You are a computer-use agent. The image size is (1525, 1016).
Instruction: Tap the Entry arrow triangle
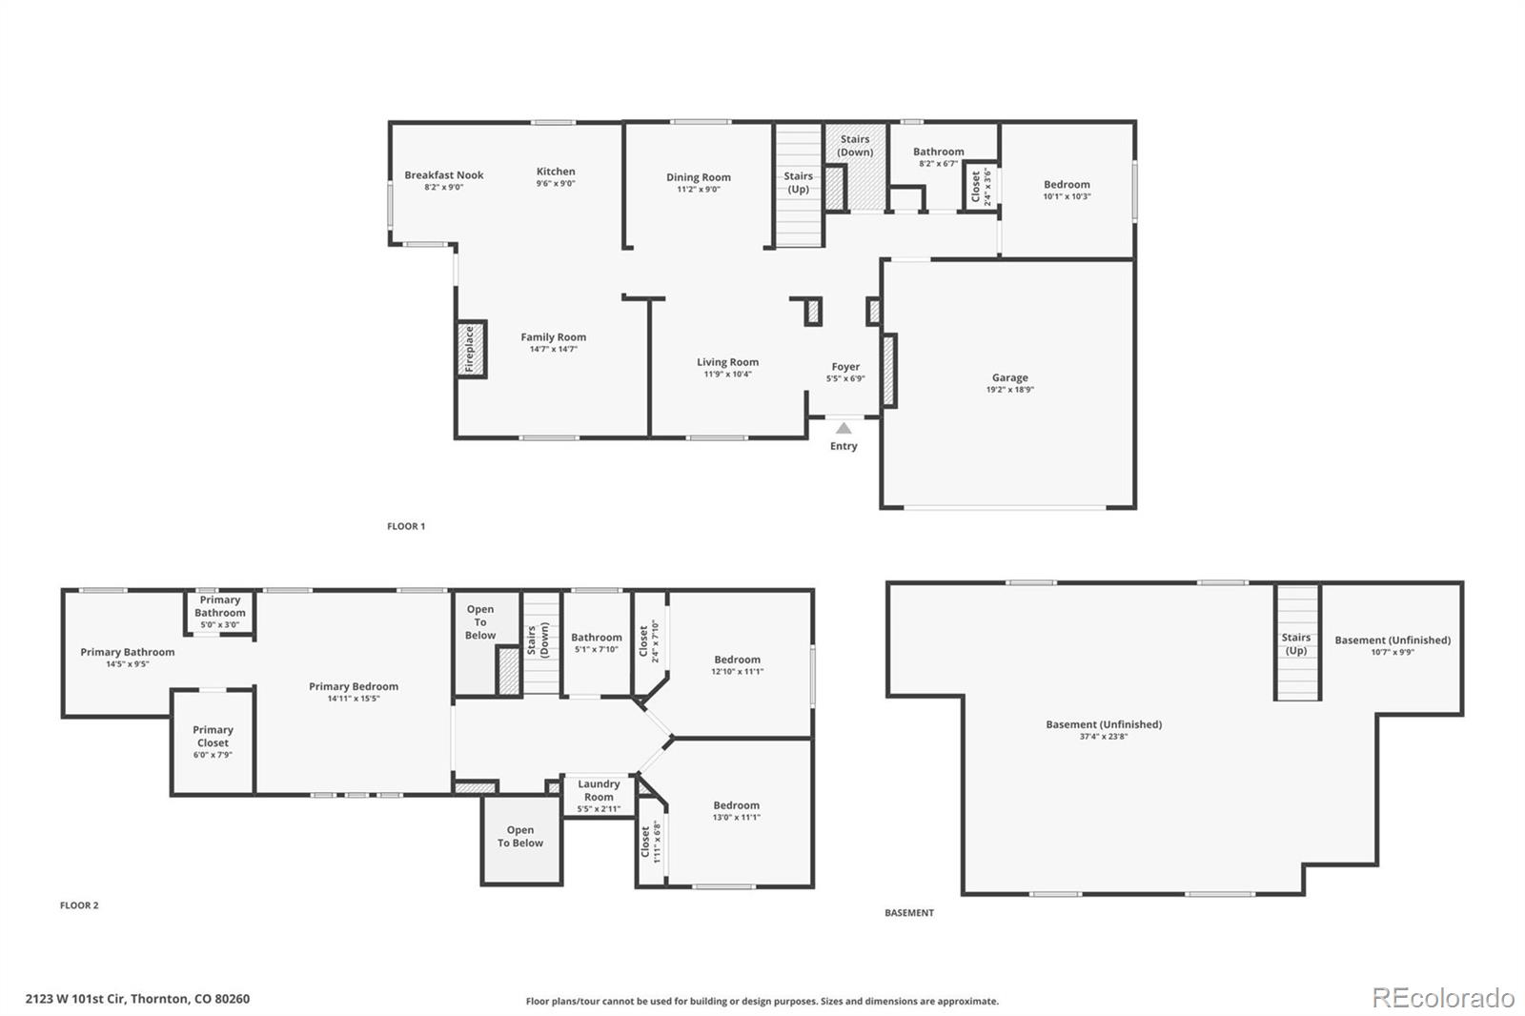(x=844, y=429)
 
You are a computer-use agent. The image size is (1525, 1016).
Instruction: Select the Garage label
(x=1009, y=377)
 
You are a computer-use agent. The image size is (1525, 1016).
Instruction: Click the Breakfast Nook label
(x=443, y=175)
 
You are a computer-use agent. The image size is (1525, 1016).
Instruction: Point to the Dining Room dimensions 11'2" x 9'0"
(x=699, y=190)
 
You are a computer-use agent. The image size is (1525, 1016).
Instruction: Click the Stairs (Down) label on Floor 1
(x=855, y=146)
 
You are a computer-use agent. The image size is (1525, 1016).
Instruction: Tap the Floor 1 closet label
(x=976, y=188)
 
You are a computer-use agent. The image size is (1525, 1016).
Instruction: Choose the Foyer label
(x=845, y=367)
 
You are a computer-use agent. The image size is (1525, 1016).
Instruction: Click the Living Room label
(x=727, y=362)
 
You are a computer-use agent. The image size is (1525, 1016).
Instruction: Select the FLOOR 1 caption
(x=406, y=526)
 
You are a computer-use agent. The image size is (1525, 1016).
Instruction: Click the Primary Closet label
(x=213, y=736)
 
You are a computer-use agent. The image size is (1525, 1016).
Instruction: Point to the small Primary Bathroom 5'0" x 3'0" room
(x=220, y=611)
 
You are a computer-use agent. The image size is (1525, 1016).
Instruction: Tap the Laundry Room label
(x=599, y=790)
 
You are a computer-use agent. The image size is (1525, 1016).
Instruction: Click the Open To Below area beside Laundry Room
(x=520, y=837)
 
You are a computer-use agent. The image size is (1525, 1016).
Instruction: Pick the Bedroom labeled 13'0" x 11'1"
(x=737, y=810)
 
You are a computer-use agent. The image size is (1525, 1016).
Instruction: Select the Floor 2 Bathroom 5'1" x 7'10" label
(x=597, y=638)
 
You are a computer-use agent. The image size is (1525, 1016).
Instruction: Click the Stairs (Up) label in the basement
(x=1296, y=644)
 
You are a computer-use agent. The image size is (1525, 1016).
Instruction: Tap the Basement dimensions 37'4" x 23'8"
(x=1104, y=737)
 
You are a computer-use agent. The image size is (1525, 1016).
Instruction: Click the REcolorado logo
(x=1442, y=998)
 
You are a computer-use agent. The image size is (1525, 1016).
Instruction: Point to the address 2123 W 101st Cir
(x=137, y=999)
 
